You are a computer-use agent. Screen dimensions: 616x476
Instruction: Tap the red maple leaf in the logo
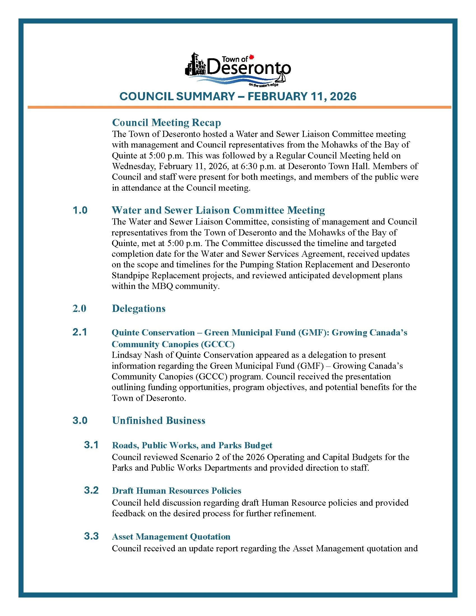pyautogui.click(x=252, y=57)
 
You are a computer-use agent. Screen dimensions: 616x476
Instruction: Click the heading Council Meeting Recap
pyautogui.click(x=166, y=122)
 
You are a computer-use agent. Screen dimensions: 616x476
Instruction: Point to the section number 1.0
pyautogui.click(x=80, y=210)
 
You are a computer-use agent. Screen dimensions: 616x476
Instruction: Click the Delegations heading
pyautogui.click(x=138, y=308)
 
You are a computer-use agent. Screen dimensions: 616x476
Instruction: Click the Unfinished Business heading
pyautogui.click(x=158, y=420)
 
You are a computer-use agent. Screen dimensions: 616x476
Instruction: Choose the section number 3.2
pyautogui.click(x=91, y=490)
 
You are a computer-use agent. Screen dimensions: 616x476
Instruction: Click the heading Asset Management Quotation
pyautogui.click(x=171, y=536)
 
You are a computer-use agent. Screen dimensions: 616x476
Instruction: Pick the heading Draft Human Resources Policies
pyautogui.click(x=176, y=491)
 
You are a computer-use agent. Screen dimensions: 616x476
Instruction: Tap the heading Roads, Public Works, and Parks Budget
pyautogui.click(x=192, y=445)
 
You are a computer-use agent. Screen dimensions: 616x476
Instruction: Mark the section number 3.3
pyautogui.click(x=91, y=536)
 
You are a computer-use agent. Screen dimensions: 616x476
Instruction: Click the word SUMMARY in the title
pyautogui.click(x=205, y=97)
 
